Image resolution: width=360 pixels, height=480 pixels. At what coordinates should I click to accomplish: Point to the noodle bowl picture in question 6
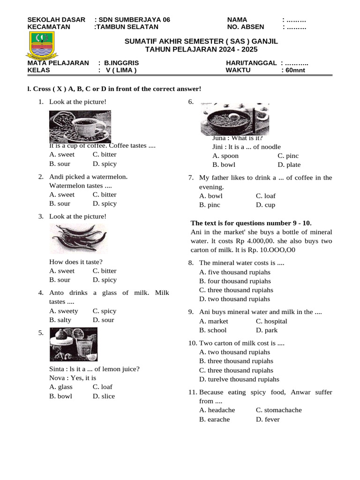(x=234, y=120)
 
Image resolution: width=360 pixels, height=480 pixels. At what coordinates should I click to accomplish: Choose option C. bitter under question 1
(x=105, y=155)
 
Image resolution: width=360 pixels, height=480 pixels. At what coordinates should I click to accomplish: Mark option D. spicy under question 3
(x=105, y=280)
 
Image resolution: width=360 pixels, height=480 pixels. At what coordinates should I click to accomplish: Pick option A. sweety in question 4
(x=64, y=311)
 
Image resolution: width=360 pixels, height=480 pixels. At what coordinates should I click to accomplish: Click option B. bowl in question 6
(x=224, y=165)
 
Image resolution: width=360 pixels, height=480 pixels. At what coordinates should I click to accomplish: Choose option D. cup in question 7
(x=265, y=205)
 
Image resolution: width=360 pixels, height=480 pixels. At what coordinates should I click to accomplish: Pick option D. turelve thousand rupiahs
(x=239, y=379)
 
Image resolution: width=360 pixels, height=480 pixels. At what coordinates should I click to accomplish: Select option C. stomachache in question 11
(x=278, y=410)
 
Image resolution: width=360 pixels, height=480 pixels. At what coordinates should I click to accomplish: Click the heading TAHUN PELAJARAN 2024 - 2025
(x=201, y=49)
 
